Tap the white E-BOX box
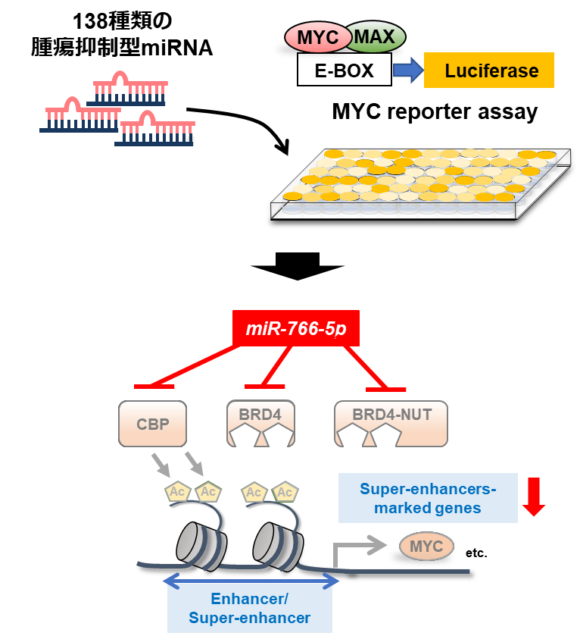pyautogui.click(x=345, y=70)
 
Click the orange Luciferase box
pyautogui.click(x=489, y=70)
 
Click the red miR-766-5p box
pyautogui.click(x=296, y=329)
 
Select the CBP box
pyautogui.click(x=152, y=423)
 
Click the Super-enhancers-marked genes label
pyautogui.click(x=428, y=498)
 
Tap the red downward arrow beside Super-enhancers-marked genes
pyautogui.click(x=534, y=497)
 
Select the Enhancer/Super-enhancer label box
pyautogui.click(x=250, y=608)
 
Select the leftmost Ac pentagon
pyautogui.click(x=177, y=493)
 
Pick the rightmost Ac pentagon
pyautogui.click(x=285, y=493)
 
